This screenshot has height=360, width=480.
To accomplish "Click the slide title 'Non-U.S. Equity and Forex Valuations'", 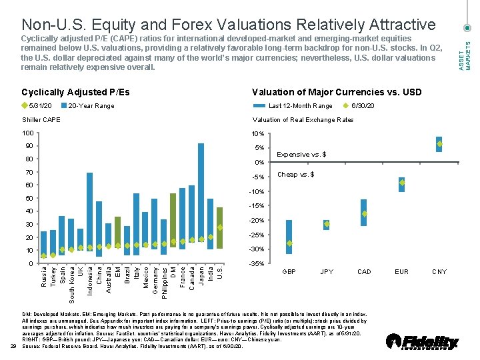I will click(x=228, y=25).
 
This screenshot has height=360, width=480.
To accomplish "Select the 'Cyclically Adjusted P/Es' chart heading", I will click(x=75, y=92).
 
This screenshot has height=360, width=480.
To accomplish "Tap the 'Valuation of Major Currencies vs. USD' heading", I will click(x=337, y=92).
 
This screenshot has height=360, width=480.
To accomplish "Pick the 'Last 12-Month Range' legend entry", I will click(x=300, y=105).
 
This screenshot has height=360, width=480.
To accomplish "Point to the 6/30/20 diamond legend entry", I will click(x=359, y=105).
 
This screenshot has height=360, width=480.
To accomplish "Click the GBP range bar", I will click(x=289, y=237).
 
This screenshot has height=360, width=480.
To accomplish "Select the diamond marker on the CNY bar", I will click(x=439, y=144).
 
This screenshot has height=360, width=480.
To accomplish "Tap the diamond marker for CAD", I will click(x=364, y=214).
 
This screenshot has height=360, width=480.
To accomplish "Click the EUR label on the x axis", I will click(x=402, y=272).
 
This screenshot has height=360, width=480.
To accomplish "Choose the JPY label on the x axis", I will click(x=327, y=272).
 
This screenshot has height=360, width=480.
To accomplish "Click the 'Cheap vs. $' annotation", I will click(x=296, y=175).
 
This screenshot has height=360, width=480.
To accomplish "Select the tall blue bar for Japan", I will click(x=201, y=193).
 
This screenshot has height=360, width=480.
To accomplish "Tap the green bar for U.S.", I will click(x=219, y=228).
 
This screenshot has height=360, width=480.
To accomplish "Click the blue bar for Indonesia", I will click(x=90, y=210).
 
